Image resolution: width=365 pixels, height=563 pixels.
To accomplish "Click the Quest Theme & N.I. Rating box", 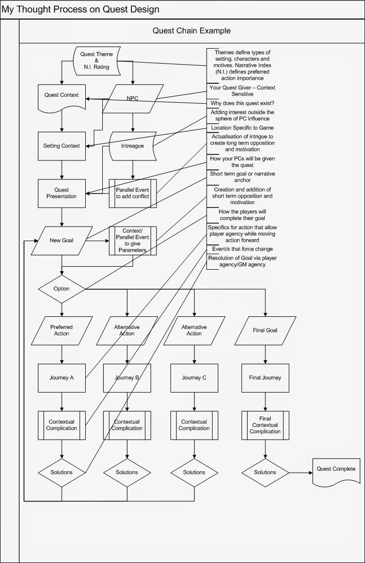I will coord(97,61).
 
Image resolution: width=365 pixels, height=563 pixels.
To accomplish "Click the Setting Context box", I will coord(62,146).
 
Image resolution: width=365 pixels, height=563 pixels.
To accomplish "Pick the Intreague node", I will coord(132,146).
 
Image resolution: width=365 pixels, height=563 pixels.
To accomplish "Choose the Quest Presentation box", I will coord(62,193).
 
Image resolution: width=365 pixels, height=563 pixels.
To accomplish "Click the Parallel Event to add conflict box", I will coord(132,193).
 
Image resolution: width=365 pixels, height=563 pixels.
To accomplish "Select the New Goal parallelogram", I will coord(62,240).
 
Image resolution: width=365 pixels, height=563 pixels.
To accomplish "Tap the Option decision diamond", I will coord(62,289).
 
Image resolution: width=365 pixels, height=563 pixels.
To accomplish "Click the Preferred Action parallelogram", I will coord(62,330).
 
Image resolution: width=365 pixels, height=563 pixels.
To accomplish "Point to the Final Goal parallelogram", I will coord(265,330).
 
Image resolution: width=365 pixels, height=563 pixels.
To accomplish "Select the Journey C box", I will coord(194,378).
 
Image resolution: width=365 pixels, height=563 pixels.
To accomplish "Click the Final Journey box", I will coord(265,378).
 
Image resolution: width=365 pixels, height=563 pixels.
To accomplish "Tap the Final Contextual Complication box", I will coord(265,425).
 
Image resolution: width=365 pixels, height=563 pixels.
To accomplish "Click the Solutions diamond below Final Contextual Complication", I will coord(265,472).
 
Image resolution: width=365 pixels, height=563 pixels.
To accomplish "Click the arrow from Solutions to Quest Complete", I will coord(301,472).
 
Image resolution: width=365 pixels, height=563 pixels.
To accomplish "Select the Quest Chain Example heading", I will coord(192,31).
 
